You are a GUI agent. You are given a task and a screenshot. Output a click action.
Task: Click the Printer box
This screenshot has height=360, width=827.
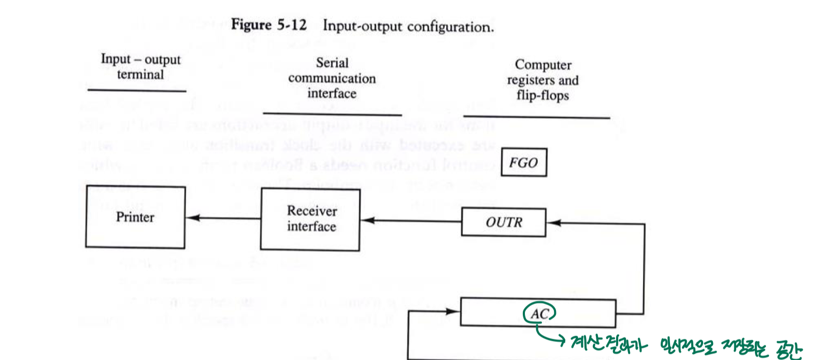tap(135, 217)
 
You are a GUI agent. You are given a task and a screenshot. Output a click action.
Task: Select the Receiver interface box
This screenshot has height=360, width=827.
tap(310, 219)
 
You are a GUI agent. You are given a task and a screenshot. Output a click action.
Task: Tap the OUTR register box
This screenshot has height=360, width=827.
tap(503, 222)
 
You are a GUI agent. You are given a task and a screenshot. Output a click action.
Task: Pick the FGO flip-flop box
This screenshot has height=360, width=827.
tap(523, 163)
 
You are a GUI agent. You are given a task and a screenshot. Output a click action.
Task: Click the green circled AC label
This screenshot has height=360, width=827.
tap(539, 314)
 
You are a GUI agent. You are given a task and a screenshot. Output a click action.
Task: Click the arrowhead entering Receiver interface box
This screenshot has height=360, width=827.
tap(367, 220)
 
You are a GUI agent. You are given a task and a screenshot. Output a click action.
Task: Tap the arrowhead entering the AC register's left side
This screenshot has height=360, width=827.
tap(453, 311)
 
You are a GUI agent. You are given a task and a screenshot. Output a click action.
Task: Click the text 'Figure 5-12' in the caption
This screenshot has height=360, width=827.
tap(268, 24)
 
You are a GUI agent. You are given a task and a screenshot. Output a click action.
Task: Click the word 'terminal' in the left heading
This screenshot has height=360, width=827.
tap(140, 75)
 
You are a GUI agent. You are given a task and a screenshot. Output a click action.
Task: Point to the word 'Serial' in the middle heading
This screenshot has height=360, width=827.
tap(332, 63)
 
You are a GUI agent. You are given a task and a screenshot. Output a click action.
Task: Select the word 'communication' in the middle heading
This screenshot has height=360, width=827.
tap(332, 78)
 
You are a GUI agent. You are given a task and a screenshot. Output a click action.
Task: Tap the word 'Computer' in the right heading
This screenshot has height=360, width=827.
tap(543, 65)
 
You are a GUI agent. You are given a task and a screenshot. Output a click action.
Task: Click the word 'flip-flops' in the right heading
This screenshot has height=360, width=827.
tap(543, 95)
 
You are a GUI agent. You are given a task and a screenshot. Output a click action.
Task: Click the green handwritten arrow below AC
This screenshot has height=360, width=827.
tap(549, 335)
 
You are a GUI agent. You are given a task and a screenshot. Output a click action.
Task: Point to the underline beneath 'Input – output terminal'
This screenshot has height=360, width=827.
tap(137, 91)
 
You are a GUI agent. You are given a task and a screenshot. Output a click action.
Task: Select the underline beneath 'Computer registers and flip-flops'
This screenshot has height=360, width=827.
tap(536, 117)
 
